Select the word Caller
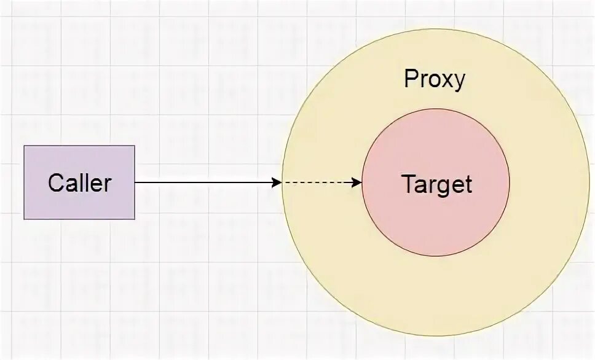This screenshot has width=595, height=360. (79, 183)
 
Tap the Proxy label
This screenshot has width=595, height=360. (435, 80)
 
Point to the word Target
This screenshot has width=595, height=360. (436, 184)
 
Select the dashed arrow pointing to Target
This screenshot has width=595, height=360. (320, 182)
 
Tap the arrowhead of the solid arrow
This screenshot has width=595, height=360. (277, 182)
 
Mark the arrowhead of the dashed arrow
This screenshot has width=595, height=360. (357, 182)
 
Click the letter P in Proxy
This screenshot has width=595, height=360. (410, 79)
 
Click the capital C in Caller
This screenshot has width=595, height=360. (55, 183)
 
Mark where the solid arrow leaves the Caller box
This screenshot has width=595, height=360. (135, 182)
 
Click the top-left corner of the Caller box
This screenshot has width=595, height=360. (24, 146)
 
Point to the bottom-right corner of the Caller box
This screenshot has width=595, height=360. (135, 219)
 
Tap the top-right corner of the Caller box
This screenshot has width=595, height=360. (135, 146)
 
